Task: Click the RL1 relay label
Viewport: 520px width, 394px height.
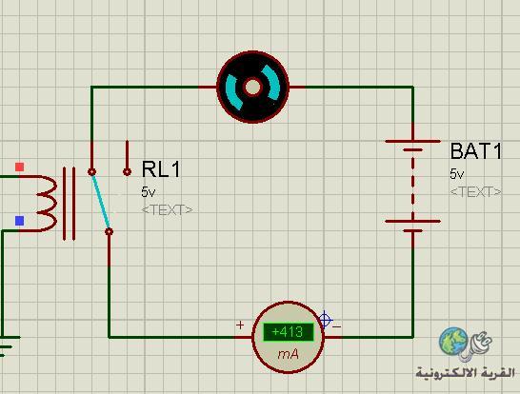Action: point(161,169)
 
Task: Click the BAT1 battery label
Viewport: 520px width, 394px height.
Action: point(476,151)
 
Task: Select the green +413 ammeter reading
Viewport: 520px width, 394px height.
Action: point(288,332)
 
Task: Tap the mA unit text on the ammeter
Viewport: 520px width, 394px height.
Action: point(288,355)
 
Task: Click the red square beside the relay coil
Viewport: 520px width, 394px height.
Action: point(20,167)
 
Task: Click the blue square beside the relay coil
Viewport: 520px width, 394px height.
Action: point(20,221)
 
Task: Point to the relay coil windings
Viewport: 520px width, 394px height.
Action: point(45,203)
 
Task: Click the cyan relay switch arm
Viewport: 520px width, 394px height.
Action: point(101,201)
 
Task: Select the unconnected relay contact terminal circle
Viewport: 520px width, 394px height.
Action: point(127,171)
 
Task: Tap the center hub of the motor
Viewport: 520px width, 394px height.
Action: point(252,88)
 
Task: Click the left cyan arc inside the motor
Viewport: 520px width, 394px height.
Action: point(233,91)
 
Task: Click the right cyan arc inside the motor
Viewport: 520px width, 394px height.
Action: point(271,83)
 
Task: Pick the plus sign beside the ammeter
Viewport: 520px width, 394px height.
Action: point(240,325)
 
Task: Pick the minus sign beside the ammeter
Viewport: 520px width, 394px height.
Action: point(337,327)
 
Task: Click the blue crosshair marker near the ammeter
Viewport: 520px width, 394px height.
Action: point(325,321)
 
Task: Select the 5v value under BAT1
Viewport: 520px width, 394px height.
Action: point(456,174)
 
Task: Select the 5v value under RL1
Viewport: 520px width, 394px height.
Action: point(148,192)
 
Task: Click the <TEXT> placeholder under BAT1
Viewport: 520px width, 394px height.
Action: point(476,192)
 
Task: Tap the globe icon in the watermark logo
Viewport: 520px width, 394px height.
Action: point(453,342)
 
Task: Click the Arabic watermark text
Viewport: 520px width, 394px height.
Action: point(466,372)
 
